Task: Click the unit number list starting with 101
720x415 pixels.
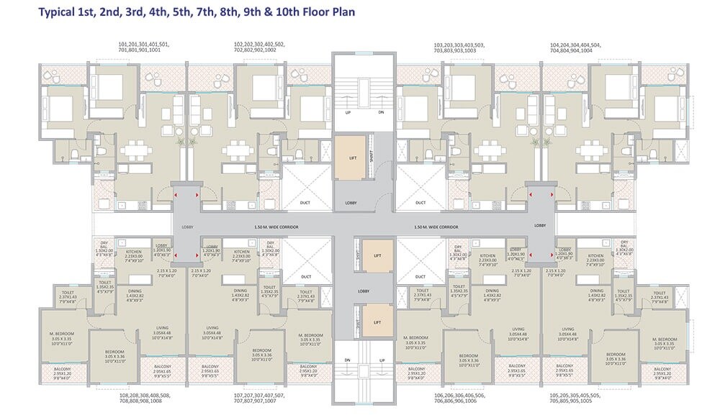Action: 144,47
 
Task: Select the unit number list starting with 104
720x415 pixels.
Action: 576,47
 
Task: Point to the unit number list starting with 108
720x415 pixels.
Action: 144,398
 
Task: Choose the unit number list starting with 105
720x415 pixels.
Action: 576,398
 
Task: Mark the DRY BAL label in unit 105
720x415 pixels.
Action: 624,247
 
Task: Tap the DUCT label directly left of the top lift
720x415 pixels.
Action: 305,203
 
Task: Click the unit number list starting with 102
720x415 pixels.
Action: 259,47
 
